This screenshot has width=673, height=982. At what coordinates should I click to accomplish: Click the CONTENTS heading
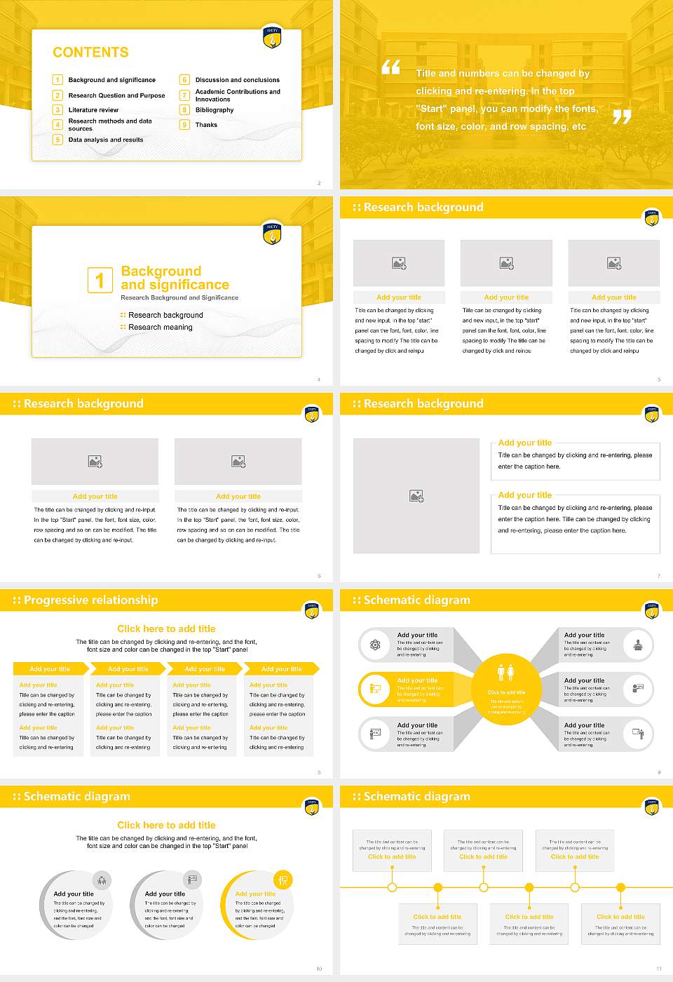click(90, 53)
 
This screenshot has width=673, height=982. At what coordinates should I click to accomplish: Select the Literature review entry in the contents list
click(93, 110)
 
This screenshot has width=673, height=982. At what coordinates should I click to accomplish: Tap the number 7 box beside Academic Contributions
click(185, 95)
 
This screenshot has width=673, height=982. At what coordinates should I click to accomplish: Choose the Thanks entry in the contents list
click(206, 125)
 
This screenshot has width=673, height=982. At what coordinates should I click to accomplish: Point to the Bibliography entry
click(215, 110)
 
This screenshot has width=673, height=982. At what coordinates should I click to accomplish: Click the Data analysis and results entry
click(105, 140)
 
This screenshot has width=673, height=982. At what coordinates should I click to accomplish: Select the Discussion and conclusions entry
click(237, 80)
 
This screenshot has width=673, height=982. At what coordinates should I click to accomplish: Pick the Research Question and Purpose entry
click(116, 95)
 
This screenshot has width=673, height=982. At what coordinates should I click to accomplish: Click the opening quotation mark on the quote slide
click(390, 67)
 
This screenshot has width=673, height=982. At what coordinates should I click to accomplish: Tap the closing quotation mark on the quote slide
click(622, 116)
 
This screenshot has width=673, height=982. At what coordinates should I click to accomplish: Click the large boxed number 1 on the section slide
click(100, 280)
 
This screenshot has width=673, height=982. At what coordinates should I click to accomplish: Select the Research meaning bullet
click(160, 328)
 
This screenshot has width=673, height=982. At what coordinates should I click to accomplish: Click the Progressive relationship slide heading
click(90, 600)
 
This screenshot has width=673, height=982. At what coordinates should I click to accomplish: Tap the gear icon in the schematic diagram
click(375, 645)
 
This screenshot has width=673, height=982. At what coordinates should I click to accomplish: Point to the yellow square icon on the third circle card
click(283, 880)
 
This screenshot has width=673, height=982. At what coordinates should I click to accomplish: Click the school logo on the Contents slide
click(272, 37)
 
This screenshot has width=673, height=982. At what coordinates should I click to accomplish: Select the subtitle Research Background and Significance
click(179, 298)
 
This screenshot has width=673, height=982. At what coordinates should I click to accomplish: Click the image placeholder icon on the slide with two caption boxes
click(416, 496)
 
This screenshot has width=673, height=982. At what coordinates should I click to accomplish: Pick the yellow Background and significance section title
click(175, 278)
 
